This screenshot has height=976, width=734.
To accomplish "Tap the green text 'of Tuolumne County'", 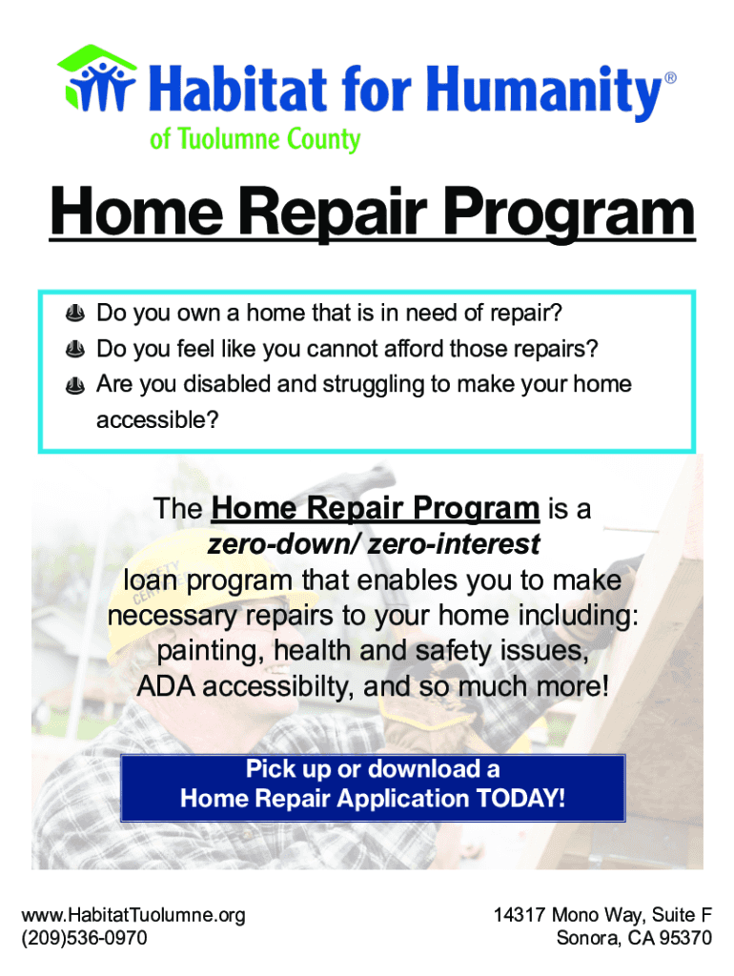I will pos(255,139).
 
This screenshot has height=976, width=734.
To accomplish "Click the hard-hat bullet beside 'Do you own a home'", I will pos(74,314).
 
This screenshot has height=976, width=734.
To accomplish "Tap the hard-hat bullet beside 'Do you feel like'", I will pos(74,350).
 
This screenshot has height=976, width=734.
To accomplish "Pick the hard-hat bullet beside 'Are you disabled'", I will pos(74,386).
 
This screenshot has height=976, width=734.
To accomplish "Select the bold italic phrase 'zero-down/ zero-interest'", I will pos(373,545).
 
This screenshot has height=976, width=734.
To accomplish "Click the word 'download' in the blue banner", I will pos(425,769).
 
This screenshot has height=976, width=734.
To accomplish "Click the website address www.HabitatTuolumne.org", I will pos(133,916).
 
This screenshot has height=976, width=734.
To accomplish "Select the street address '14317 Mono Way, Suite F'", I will pos(602,916).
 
